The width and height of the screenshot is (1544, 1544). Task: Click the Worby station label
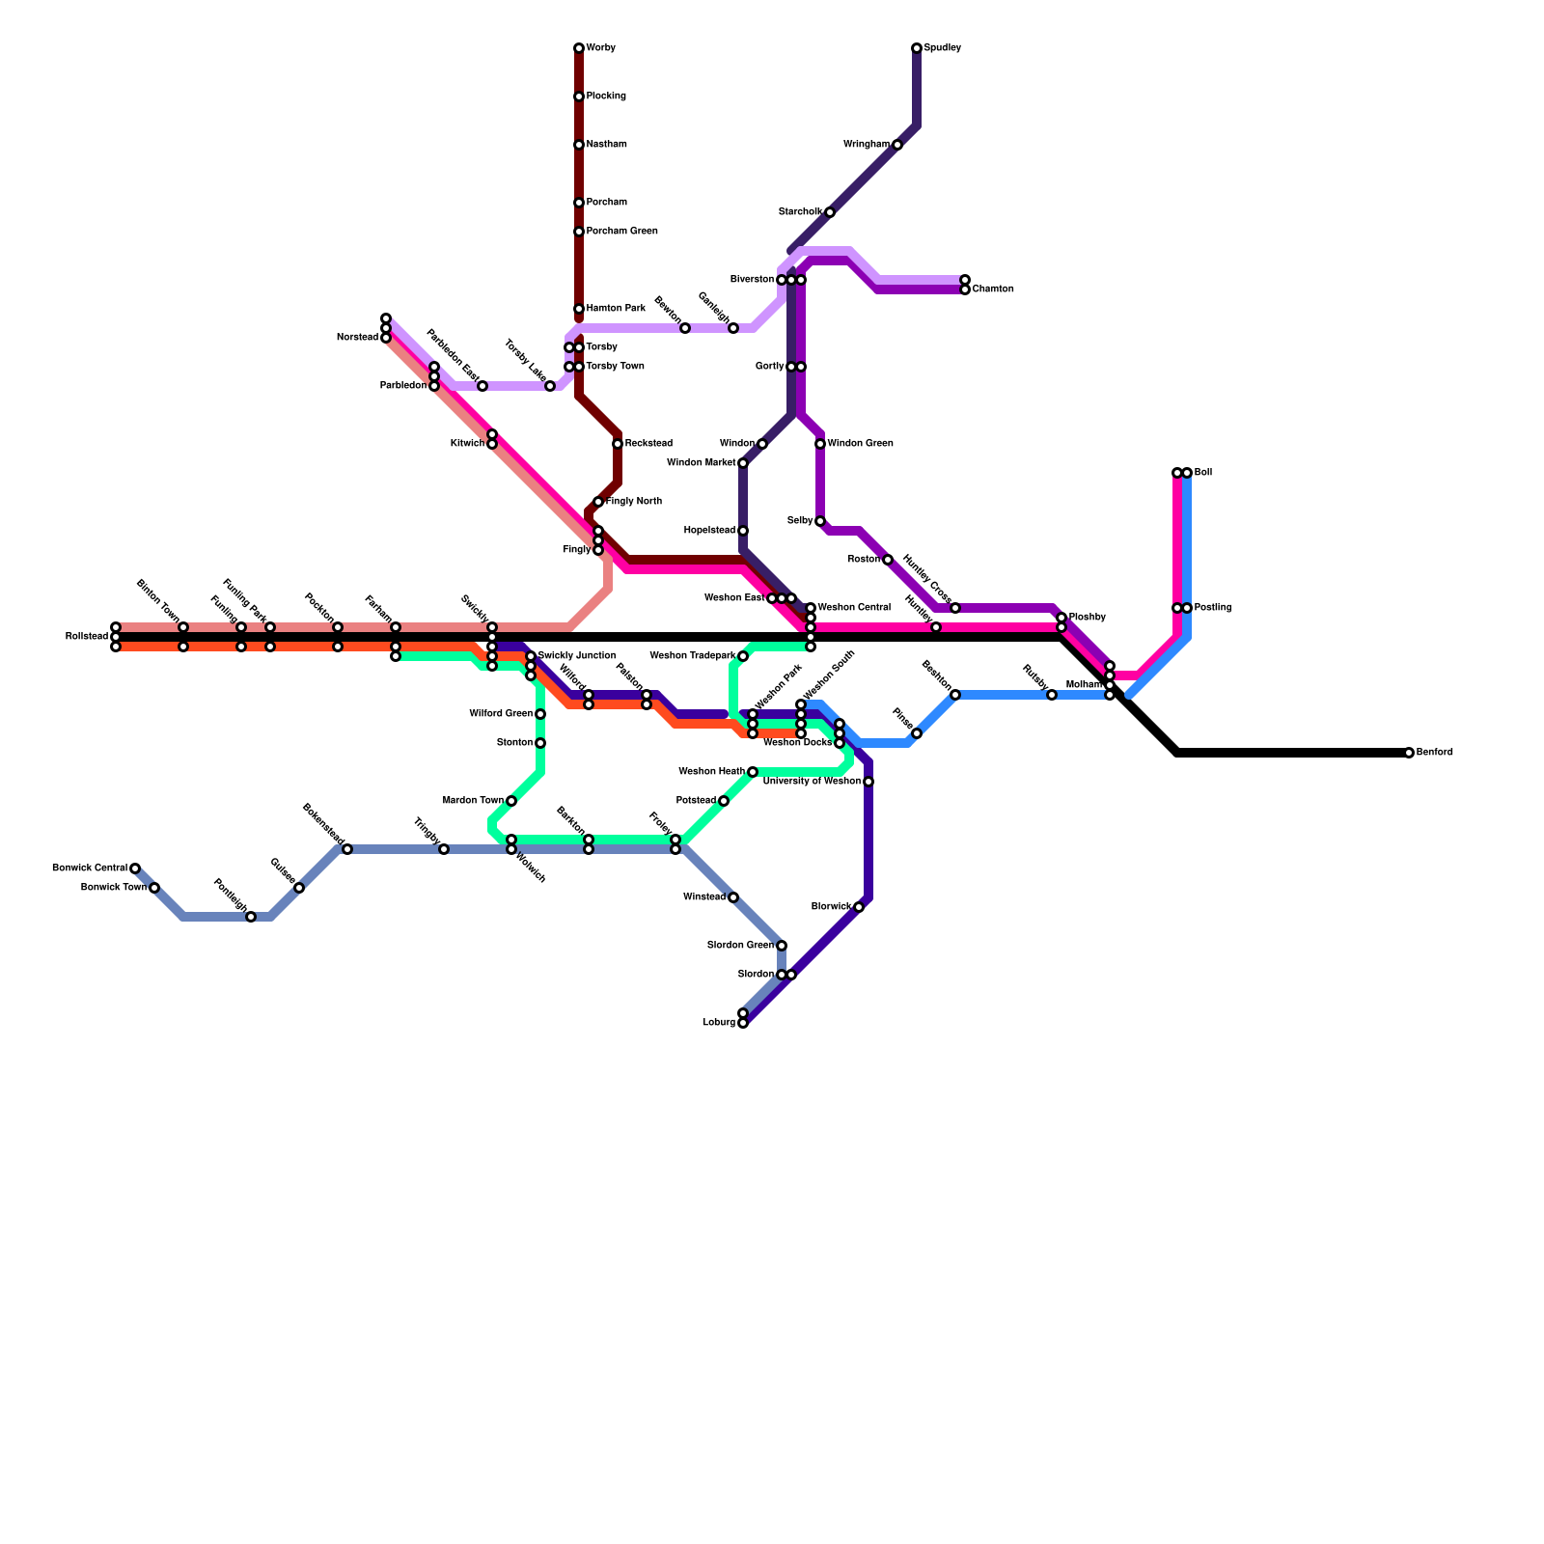click(x=600, y=48)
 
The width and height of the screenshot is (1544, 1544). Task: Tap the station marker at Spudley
click(x=917, y=48)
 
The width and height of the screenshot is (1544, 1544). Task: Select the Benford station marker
click(x=1409, y=753)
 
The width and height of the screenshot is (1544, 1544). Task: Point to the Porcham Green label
click(x=621, y=232)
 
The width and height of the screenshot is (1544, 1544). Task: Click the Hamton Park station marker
click(x=579, y=309)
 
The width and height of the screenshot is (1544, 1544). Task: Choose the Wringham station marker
click(x=897, y=145)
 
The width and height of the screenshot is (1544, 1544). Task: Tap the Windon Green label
click(x=860, y=444)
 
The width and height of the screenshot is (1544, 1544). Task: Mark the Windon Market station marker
click(x=743, y=463)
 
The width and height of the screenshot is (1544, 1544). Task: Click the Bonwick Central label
click(x=90, y=868)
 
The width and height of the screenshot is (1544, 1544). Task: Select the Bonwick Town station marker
click(x=154, y=888)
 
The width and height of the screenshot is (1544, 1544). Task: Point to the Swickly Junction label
click(x=576, y=656)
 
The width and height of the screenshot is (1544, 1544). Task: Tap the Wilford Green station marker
click(x=540, y=714)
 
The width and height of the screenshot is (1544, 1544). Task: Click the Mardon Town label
click(x=473, y=801)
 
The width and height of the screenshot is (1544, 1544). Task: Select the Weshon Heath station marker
click(x=753, y=772)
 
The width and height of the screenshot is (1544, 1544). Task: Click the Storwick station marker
click(x=859, y=907)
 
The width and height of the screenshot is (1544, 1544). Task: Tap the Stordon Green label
click(x=740, y=946)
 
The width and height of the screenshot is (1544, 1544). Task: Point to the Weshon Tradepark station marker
click(x=743, y=656)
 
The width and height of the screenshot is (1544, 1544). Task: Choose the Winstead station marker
click(x=733, y=897)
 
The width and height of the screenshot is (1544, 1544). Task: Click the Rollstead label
click(x=87, y=637)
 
